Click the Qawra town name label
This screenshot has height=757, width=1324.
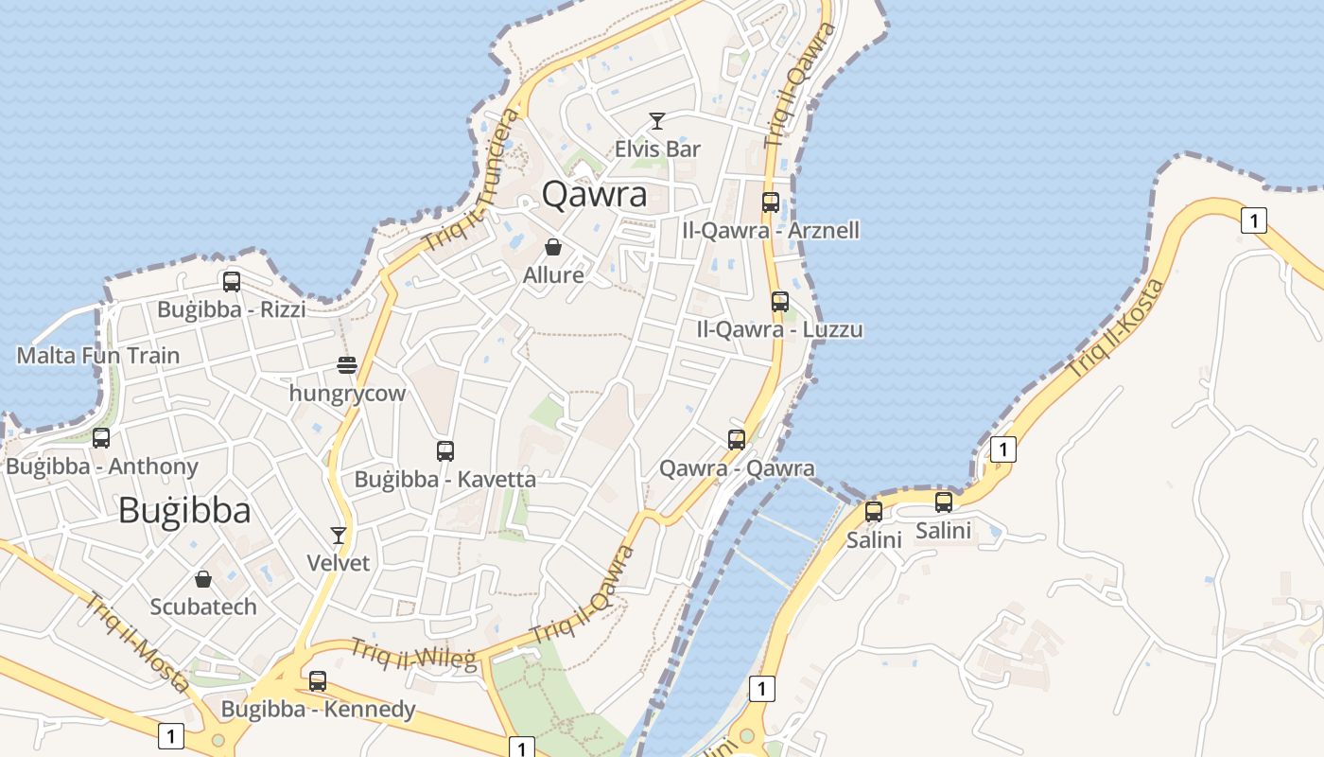pos(594,195)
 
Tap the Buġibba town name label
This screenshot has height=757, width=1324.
pos(184,511)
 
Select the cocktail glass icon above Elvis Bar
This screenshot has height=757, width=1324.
pos(657,121)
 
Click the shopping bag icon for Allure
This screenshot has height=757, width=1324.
pos(553,247)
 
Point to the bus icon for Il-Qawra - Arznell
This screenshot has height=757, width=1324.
pos(771,202)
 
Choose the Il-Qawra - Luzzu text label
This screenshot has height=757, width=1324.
pos(779,330)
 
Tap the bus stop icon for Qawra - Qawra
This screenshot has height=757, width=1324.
pos(737,439)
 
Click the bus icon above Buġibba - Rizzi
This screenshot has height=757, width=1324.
pos(232,281)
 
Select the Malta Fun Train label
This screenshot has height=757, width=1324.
pos(98,356)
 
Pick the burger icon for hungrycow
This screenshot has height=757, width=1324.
pos(347,365)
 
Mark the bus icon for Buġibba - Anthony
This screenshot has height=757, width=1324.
pos(101,438)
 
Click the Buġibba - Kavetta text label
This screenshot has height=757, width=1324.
pos(444,480)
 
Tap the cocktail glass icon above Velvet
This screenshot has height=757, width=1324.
pos(339,535)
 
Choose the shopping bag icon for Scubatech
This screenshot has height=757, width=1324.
pos(203,578)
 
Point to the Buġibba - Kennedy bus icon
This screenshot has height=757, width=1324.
pos(318,680)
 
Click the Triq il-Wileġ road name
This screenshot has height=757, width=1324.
pos(413,654)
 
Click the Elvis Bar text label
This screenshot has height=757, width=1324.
pos(657,149)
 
